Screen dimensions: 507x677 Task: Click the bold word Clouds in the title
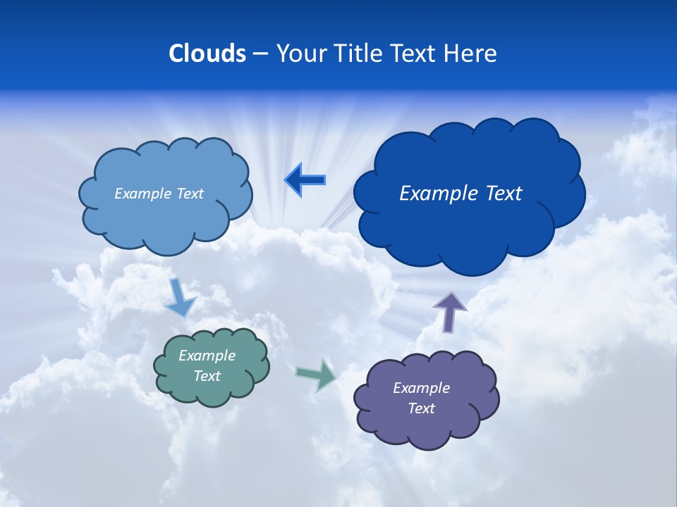207,54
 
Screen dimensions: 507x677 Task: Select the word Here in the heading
472,54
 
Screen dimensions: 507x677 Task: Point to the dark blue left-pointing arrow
305,180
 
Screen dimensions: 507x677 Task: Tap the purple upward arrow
450,311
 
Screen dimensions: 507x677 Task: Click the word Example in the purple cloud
421,388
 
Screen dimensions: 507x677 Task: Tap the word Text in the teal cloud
207,376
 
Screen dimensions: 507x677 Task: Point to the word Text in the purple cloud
421,408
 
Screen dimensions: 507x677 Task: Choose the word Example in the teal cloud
207,356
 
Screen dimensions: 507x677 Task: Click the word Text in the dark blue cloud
502,194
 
